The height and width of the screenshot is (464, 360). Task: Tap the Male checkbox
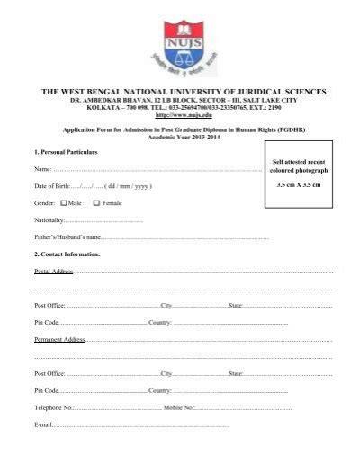point(64,203)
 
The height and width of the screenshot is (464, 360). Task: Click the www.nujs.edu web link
point(183,115)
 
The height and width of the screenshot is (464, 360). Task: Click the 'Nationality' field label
point(49,220)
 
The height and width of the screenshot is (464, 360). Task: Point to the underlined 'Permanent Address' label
point(59,340)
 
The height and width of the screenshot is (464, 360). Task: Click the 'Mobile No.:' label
point(179,407)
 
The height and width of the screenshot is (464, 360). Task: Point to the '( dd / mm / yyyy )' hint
point(128,186)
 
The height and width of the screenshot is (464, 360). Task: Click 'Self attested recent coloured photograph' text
point(301,165)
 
